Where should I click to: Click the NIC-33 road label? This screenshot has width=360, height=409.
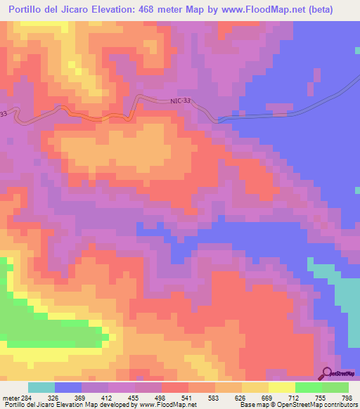click(x=181, y=101)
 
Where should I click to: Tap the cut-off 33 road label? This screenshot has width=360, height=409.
click(x=4, y=113)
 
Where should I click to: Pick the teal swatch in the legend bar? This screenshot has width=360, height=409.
click(x=41, y=387)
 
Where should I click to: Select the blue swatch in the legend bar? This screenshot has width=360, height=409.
click(x=68, y=387)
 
